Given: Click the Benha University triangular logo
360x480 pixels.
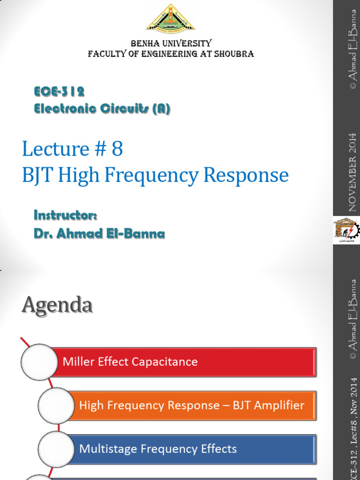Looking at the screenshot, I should point(171,19).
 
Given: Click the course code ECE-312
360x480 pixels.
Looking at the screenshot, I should point(59,91).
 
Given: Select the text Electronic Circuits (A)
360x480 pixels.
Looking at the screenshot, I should point(102,109).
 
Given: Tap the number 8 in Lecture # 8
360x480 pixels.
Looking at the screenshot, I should point(117,149).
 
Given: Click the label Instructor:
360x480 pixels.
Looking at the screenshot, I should point(65,215).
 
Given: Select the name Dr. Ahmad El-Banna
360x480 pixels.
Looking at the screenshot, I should point(99,233).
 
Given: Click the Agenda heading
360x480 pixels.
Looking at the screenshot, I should point(57,306).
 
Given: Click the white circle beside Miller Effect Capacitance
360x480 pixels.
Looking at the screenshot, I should point(39,362).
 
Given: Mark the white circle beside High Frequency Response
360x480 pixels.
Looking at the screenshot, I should point(56,405).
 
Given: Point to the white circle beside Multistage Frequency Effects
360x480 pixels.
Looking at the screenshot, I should point(56,449).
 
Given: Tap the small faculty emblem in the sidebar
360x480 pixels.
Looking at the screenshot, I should point(346,231).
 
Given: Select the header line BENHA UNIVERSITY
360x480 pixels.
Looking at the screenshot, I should point(171,43).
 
